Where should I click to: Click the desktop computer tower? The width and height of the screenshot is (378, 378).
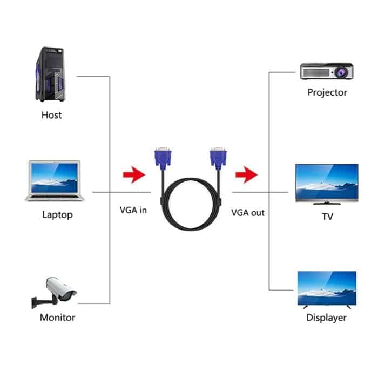click(x=52, y=75)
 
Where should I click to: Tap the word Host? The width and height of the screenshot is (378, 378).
click(x=51, y=115)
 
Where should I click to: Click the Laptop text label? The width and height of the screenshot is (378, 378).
click(x=57, y=215)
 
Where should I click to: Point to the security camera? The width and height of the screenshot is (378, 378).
click(x=56, y=292)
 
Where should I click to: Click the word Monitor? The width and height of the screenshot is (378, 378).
click(x=57, y=318)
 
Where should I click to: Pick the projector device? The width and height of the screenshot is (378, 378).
click(x=327, y=71)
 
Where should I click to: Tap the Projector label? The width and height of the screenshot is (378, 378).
click(x=327, y=92)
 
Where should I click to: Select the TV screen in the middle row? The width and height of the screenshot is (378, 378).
click(x=327, y=183)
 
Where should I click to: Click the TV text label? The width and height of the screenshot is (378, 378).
click(x=327, y=217)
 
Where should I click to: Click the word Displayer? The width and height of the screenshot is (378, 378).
click(x=326, y=318)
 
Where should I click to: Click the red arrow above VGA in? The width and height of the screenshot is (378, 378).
click(x=134, y=174)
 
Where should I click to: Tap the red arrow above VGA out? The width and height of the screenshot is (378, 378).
click(x=246, y=174)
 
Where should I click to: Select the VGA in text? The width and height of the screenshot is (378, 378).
click(x=133, y=211)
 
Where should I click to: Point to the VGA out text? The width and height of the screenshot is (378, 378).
click(x=248, y=212)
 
